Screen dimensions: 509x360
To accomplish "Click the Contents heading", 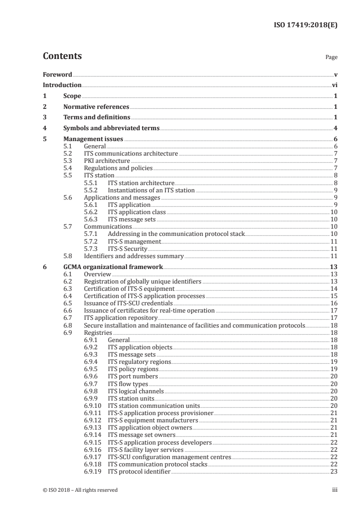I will pyautogui.click(x=62, y=56).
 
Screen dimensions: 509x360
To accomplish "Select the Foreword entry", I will pyautogui.click(x=57, y=74).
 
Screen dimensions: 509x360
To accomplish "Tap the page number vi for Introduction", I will pyautogui.click(x=334, y=85).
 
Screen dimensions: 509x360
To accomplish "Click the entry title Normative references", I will pyautogui.click(x=96, y=107).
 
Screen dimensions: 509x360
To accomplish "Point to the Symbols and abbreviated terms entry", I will pyautogui.click(x=111, y=128).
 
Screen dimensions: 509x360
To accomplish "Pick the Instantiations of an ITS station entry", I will pyautogui.click(x=151, y=190).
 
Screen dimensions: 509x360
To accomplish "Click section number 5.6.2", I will pyautogui.click(x=91, y=212).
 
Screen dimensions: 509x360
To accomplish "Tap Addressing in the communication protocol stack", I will pyautogui.click(x=176, y=234).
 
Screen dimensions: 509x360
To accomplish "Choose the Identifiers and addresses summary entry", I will pyautogui.click(x=134, y=256).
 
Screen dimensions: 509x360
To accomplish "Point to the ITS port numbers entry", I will pyautogui.click(x=133, y=376).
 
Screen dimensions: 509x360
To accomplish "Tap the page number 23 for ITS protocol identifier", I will pyautogui.click(x=334, y=471).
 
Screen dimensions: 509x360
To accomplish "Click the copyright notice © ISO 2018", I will pyautogui.click(x=80, y=490).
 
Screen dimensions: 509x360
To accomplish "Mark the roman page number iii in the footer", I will pyautogui.click(x=335, y=490).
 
